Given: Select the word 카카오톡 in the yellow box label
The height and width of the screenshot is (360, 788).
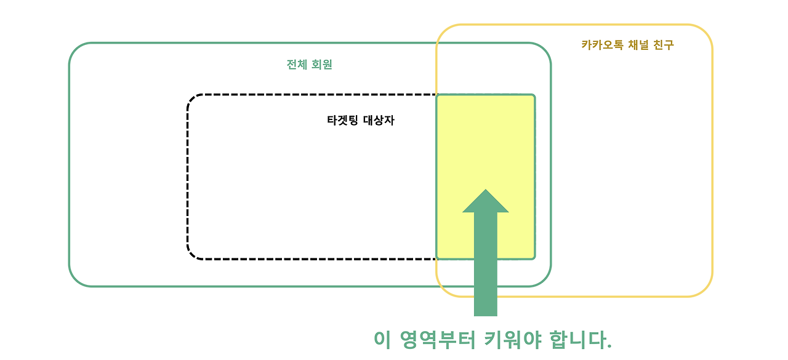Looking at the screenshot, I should pos(600,45).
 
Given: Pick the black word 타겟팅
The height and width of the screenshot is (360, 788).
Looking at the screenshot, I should pos(344,121).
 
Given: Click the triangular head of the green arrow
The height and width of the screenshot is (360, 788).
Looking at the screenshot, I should pos(486,202).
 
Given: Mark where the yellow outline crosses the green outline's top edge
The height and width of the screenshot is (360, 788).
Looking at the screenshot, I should pos(436,43).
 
